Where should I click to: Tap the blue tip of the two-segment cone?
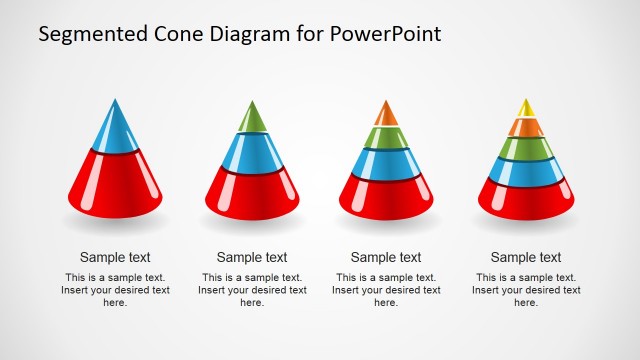pyautogui.click(x=115, y=130)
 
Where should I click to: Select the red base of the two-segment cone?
pyautogui.click(x=115, y=185)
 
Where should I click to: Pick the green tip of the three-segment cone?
pyautogui.click(x=251, y=119)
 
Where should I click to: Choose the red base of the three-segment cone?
pyautogui.click(x=251, y=192)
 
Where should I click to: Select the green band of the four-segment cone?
pyautogui.click(x=386, y=136)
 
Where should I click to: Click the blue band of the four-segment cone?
pyautogui.click(x=386, y=163)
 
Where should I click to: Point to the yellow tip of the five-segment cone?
pyautogui.click(x=525, y=107)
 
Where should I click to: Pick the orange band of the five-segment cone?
pyautogui.click(x=525, y=126)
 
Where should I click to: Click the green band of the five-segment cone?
pyautogui.click(x=525, y=148)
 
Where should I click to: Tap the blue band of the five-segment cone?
pyautogui.click(x=525, y=171)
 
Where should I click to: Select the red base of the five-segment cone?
pyautogui.click(x=525, y=198)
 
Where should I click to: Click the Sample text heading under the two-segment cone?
pyautogui.click(x=115, y=257)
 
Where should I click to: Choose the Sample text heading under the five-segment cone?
pyautogui.click(x=526, y=257)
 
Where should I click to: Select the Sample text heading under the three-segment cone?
pyautogui.click(x=251, y=257)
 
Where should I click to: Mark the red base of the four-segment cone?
pyautogui.click(x=386, y=196)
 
